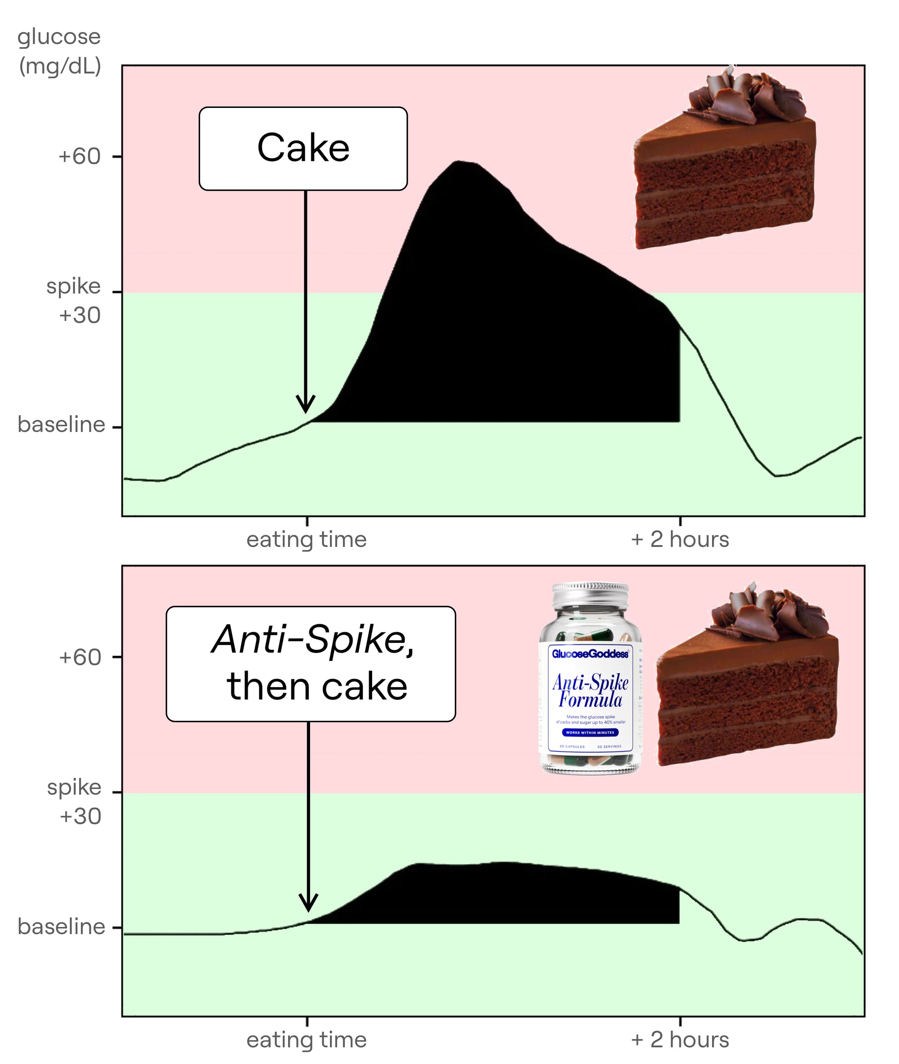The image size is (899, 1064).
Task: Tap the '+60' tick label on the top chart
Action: click(79, 156)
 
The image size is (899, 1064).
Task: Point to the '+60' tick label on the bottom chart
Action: click(80, 657)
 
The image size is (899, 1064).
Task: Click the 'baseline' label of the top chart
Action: click(61, 425)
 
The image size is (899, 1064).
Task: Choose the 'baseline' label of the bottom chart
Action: click(61, 926)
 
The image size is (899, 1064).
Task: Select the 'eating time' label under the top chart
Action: click(306, 539)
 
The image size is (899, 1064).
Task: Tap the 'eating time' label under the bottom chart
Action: click(306, 1040)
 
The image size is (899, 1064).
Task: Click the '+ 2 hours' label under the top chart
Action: click(680, 539)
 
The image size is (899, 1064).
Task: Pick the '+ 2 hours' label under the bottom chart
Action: click(680, 1040)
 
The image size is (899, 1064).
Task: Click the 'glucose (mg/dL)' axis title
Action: click(60, 51)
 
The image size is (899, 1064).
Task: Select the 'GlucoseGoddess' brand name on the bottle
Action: click(590, 653)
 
